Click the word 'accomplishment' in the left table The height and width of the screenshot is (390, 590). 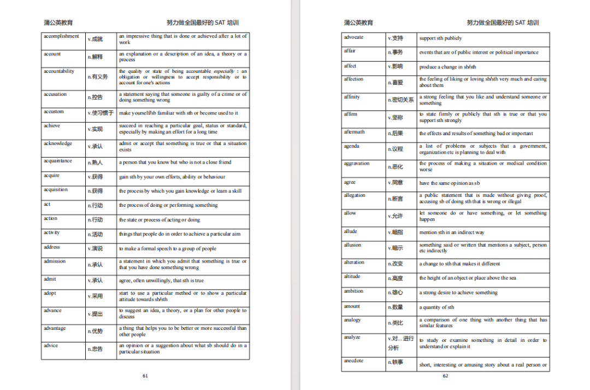[x=61, y=36]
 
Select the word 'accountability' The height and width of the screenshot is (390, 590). [x=59, y=71]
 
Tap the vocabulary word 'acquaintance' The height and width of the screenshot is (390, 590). [x=58, y=161]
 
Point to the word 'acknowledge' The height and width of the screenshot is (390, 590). [x=58, y=143]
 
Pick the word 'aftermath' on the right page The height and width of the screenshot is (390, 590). [x=355, y=132]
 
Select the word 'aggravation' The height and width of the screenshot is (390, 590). [x=357, y=163]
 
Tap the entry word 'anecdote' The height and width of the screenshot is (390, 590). [x=353, y=360]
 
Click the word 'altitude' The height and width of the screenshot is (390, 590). [x=352, y=276]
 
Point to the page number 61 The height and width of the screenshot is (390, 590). [x=145, y=376]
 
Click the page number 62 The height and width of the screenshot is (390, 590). [x=445, y=376]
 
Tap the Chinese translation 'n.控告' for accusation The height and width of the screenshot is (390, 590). [x=96, y=97]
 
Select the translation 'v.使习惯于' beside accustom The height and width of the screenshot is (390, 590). [x=101, y=113]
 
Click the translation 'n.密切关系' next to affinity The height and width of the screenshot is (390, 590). [x=401, y=100]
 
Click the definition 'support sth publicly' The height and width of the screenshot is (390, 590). [x=440, y=38]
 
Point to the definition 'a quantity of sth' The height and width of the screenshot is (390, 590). [x=436, y=307]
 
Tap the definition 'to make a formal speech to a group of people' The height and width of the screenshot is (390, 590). [x=168, y=248]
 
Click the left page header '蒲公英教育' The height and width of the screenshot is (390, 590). [x=58, y=23]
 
